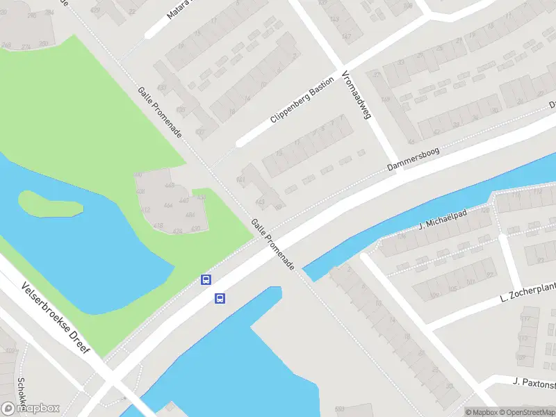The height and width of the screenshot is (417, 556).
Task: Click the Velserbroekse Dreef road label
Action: (56, 318)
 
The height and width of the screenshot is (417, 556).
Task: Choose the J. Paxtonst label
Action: (534, 382)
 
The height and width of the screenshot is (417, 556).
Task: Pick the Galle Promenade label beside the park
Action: (159, 112)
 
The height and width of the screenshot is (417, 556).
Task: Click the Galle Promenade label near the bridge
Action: (273, 244)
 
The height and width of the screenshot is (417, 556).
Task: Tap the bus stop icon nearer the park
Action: (206, 279)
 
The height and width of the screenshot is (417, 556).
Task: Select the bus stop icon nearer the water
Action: (220, 299)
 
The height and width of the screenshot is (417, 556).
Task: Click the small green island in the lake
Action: (49, 203)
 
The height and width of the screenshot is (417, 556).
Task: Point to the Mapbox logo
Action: (31, 408)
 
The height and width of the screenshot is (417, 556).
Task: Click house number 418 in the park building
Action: (158, 226)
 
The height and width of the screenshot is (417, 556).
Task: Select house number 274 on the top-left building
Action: (26, 47)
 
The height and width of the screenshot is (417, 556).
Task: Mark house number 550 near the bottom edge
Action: (340, 409)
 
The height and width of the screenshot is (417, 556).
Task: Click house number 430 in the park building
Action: (196, 228)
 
